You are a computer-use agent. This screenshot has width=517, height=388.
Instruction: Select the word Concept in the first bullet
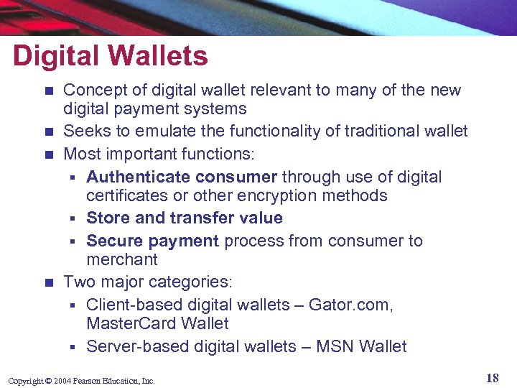coord(91,91)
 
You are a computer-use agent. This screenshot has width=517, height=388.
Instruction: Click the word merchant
coord(122,259)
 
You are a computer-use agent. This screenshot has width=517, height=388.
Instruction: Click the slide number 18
coord(492,379)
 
